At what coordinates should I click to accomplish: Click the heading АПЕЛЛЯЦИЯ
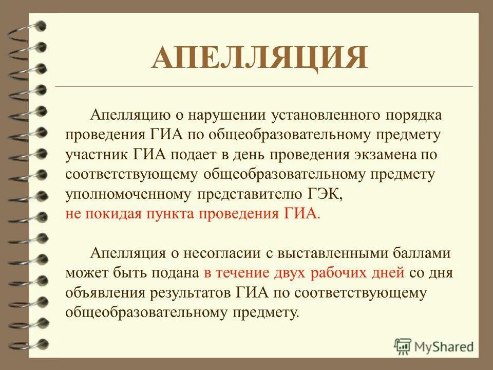pyautogui.click(x=259, y=58)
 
